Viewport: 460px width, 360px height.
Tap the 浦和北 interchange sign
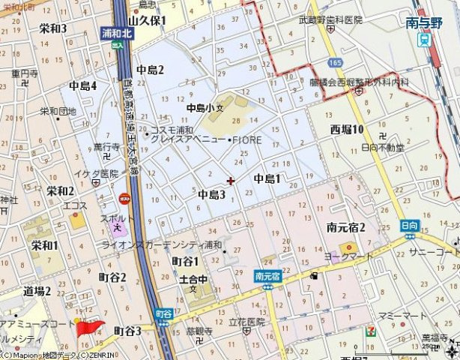click(x=118, y=33)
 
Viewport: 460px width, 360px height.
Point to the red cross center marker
click(x=230, y=181)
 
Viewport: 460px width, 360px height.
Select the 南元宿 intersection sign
click(x=267, y=275)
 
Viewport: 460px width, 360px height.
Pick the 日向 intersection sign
click(x=408, y=224)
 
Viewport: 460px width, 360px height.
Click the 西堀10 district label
click(x=347, y=130)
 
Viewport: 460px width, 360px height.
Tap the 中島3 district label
click(x=212, y=194)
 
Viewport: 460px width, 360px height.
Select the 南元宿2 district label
click(x=346, y=227)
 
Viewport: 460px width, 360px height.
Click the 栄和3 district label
click(x=53, y=28)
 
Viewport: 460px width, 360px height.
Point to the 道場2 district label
click(x=36, y=291)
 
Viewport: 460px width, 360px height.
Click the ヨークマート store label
click(x=348, y=256)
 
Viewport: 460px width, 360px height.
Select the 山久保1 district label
click(x=148, y=22)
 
